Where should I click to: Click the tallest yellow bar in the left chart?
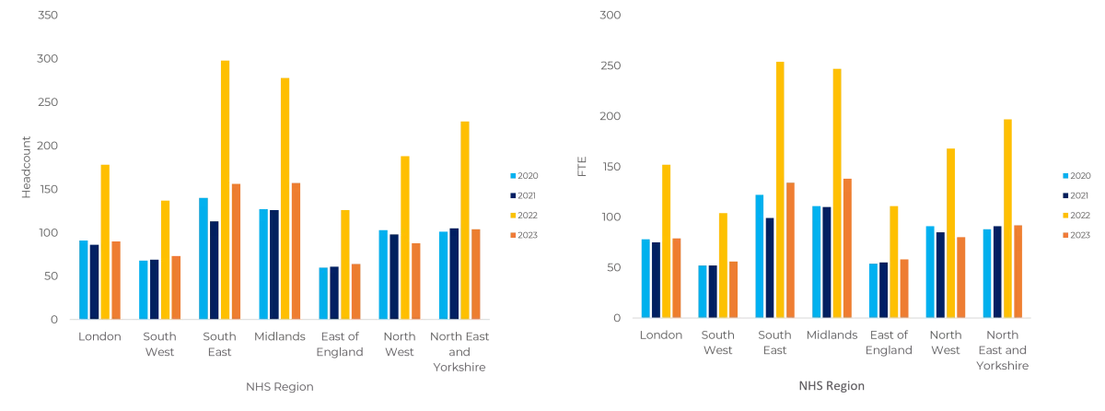pyautogui.click(x=224, y=189)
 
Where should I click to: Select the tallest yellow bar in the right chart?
pyautogui.click(x=780, y=189)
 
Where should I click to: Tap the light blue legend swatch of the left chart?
pyautogui.click(x=514, y=175)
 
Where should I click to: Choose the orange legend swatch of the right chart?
pyautogui.click(x=1065, y=236)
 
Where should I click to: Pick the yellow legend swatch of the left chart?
pyautogui.click(x=514, y=216)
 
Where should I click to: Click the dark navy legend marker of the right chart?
pyautogui.click(x=1065, y=195)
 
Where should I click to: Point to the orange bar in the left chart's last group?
pyautogui.click(x=477, y=274)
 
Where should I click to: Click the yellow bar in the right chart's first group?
pyautogui.click(x=665, y=241)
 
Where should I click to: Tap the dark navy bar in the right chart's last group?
pyautogui.click(x=995, y=272)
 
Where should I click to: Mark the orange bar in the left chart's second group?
pyautogui.click(x=177, y=286)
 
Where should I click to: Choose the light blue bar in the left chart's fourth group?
pyautogui.click(x=262, y=264)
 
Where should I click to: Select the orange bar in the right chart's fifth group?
pyautogui.click(x=905, y=288)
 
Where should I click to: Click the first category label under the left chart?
pyautogui.click(x=99, y=340)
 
